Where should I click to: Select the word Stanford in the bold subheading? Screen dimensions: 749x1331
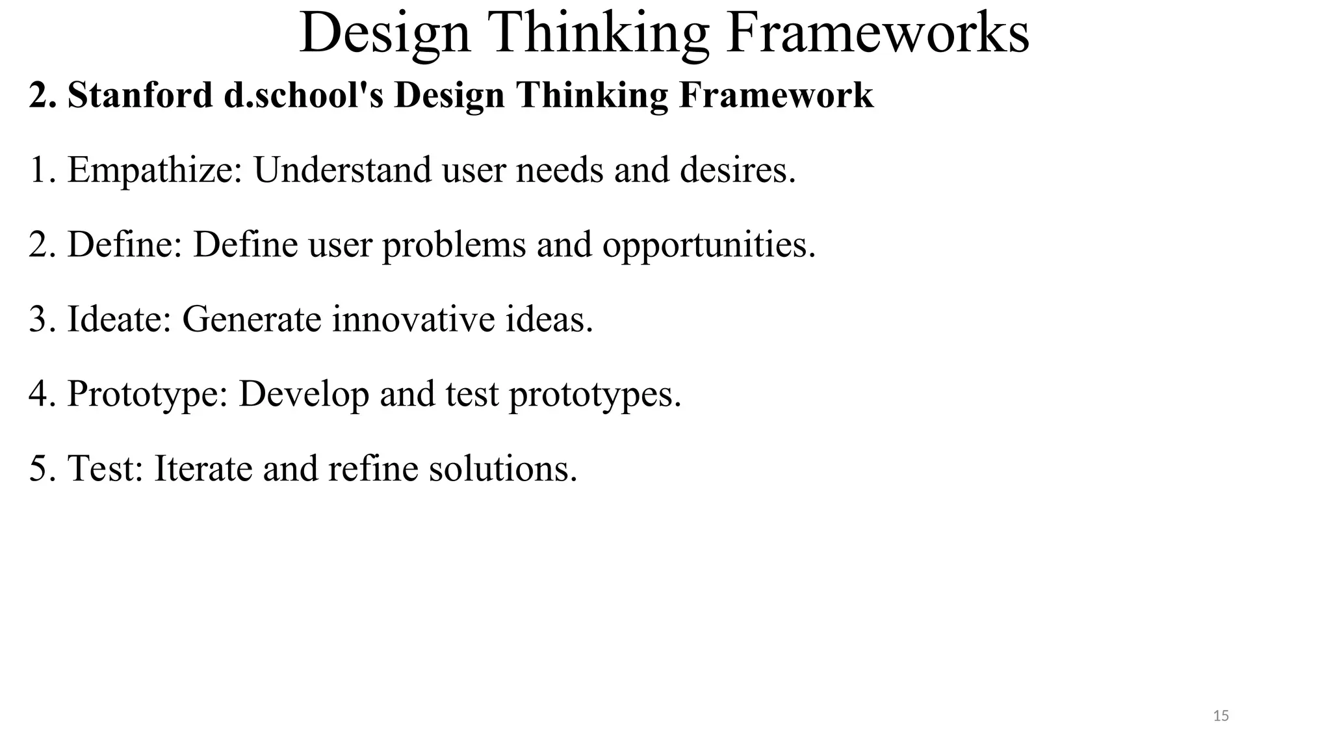click(140, 95)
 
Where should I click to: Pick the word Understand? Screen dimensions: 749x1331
click(342, 170)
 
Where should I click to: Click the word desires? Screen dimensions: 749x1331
click(737, 170)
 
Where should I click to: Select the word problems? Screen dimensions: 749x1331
click(454, 245)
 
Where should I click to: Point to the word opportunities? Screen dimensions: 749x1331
click(708, 245)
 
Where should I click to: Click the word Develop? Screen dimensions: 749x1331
click(304, 395)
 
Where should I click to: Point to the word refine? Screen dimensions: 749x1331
click(373, 469)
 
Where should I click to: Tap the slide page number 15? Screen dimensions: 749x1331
click(1221, 716)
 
